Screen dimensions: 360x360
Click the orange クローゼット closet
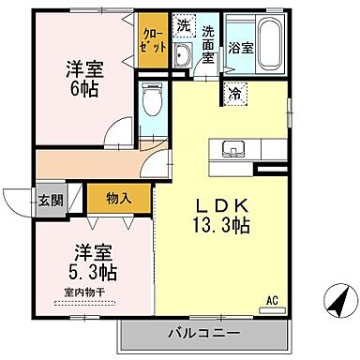[x=152, y=40]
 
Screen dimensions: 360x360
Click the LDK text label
[x=218, y=203]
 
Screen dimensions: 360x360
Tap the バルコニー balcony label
[x=203, y=334]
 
